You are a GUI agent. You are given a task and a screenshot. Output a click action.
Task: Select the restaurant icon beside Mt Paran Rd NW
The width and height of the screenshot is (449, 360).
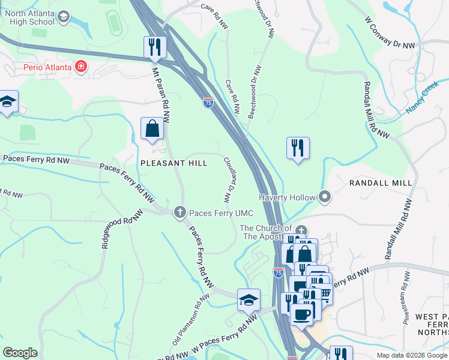click(x=154, y=47)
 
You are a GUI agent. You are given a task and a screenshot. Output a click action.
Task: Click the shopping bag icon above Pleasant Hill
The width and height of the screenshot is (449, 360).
click(x=152, y=128)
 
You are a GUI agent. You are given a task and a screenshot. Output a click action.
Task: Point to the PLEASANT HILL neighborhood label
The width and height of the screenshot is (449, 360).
click(x=173, y=163)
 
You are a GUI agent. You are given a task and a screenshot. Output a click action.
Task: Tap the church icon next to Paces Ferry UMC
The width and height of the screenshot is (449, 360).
click(x=179, y=212)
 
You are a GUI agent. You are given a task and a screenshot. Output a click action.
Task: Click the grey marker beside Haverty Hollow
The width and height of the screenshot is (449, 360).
click(x=325, y=196)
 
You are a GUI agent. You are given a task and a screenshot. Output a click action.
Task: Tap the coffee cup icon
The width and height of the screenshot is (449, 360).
click(x=301, y=314)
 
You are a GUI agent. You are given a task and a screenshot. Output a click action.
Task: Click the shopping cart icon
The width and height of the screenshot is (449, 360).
click(x=323, y=292)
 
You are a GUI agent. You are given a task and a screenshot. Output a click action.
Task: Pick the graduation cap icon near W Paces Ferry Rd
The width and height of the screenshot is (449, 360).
click(x=248, y=299)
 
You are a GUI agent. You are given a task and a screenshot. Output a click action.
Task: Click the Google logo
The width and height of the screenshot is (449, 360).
click(x=20, y=353)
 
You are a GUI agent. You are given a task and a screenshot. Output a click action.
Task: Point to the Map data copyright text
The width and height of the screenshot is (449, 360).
click(x=412, y=355)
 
